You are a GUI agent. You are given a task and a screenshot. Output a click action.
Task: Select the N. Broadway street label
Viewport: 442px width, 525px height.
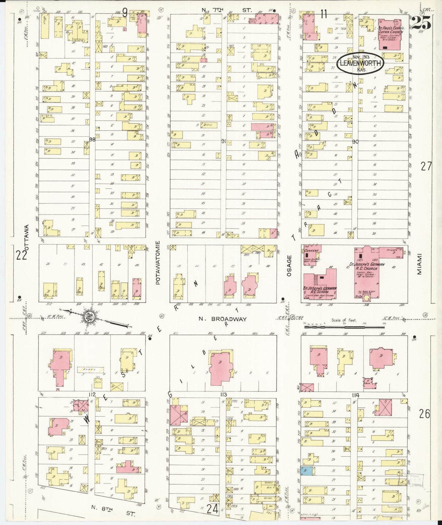[222, 319]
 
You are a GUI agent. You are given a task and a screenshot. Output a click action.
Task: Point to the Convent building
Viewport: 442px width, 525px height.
[311, 253]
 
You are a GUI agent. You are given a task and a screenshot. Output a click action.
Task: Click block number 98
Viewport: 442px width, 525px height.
[92, 139]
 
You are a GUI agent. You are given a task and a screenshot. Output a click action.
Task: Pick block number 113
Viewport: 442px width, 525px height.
[223, 395]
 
